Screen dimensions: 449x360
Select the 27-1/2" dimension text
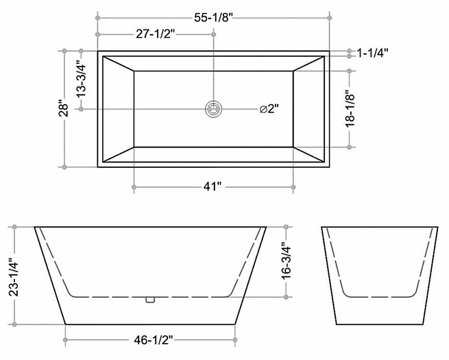click(155, 34)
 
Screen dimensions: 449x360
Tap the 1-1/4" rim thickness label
click(372, 53)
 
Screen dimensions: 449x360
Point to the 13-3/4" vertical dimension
click(82, 81)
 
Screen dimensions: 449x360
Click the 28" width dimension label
click(64, 108)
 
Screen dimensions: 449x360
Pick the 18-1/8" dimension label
click(350, 109)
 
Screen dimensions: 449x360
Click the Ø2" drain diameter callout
click(269, 109)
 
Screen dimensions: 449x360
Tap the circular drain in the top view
click(213, 109)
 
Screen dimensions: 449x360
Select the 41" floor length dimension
click(213, 187)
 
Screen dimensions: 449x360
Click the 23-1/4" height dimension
click(14, 277)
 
